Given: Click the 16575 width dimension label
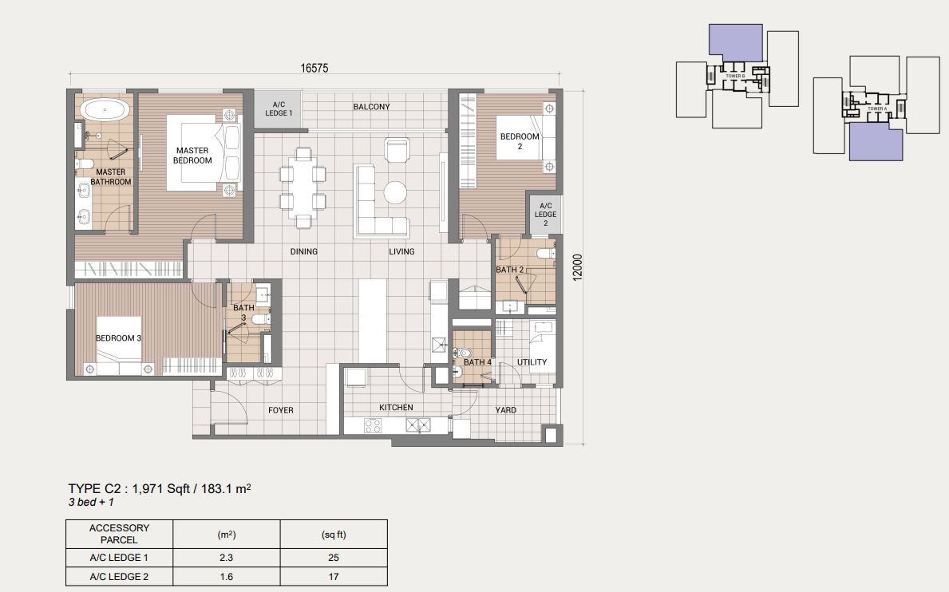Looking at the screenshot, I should pyautogui.click(x=314, y=68).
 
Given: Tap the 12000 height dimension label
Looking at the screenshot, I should pyautogui.click(x=578, y=268).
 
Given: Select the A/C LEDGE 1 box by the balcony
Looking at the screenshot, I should pyautogui.click(x=279, y=109).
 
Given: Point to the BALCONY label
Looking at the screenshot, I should pyautogui.click(x=371, y=106).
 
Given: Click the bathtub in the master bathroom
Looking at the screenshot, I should pyautogui.click(x=105, y=109).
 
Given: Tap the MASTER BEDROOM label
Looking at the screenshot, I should pyautogui.click(x=192, y=156).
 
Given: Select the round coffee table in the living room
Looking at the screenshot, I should pyautogui.click(x=397, y=193).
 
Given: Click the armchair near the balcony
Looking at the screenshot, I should pyautogui.click(x=397, y=149).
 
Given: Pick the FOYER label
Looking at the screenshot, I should pyautogui.click(x=280, y=410).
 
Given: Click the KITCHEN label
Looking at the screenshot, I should pyautogui.click(x=396, y=408).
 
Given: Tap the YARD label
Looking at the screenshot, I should pyautogui.click(x=505, y=410).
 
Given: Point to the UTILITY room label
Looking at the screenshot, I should pyautogui.click(x=532, y=362).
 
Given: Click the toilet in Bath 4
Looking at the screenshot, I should pyautogui.click(x=462, y=353).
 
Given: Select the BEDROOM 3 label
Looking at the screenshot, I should pyautogui.click(x=118, y=338).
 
